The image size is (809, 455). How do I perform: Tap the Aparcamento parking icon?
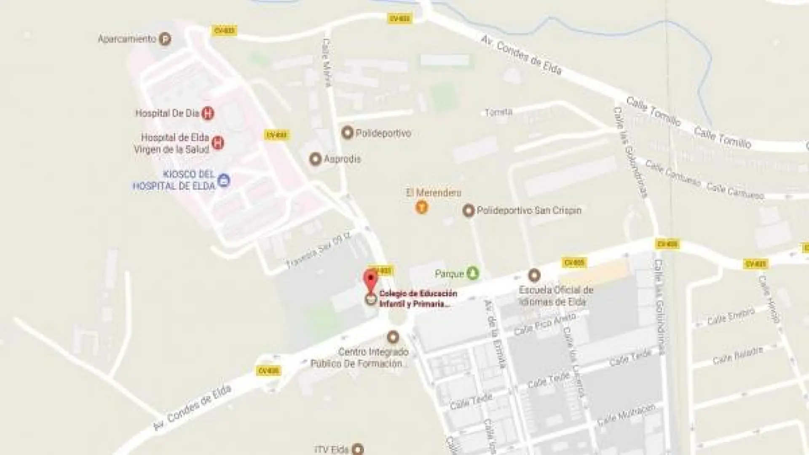pyautogui.click(x=165, y=39)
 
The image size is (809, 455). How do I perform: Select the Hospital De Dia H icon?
pyautogui.click(x=207, y=113)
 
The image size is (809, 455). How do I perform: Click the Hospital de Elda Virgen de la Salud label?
pyautogui.click(x=172, y=143)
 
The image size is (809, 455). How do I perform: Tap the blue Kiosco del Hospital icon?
pyautogui.click(x=223, y=180)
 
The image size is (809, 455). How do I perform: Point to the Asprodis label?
pyautogui.click(x=342, y=159)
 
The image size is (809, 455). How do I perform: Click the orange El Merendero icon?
pyautogui.click(x=422, y=207)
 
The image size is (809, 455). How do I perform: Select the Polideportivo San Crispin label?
pyautogui.click(x=529, y=210)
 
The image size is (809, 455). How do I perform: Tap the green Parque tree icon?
pyautogui.click(x=473, y=273)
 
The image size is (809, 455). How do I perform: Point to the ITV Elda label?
pyautogui.click(x=332, y=450)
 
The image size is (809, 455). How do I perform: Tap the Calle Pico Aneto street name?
pyautogui.click(x=544, y=324)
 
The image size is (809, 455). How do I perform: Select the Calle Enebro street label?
pyautogui.click(x=731, y=316)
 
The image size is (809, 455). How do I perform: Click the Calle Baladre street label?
pyautogui.click(x=737, y=356)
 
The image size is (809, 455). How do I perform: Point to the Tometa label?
pyautogui.click(x=498, y=112)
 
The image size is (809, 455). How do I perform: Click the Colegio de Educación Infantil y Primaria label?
pyautogui.click(x=418, y=299)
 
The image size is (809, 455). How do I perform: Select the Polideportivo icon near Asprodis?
pyautogui.click(x=347, y=133)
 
